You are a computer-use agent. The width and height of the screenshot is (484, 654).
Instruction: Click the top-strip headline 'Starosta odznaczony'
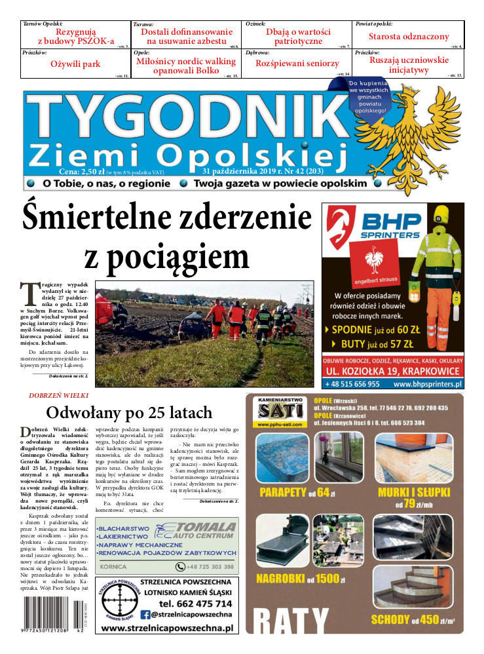coord(409,37)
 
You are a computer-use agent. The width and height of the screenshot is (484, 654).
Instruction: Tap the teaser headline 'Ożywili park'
coord(75,64)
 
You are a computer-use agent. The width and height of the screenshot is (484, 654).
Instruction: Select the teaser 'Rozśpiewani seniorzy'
coord(297,64)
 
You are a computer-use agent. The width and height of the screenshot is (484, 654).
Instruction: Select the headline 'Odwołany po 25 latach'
coord(129,412)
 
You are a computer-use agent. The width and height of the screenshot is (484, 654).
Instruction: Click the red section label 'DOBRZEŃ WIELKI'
coord(59,396)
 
